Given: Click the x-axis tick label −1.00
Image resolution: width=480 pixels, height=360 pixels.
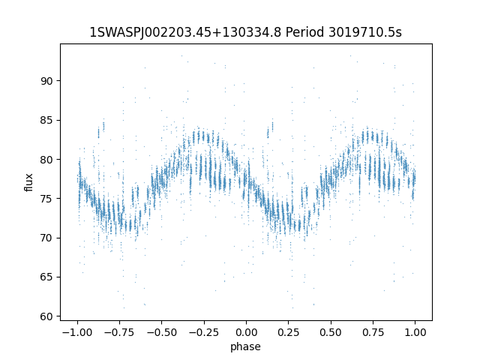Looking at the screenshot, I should (x=76, y=333).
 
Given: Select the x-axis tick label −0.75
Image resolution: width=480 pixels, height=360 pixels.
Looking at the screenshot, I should (x=118, y=333).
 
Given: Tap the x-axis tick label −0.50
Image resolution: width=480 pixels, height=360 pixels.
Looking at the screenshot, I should (x=160, y=333).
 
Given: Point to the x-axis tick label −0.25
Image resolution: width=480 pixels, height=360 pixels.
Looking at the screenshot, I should (x=203, y=333).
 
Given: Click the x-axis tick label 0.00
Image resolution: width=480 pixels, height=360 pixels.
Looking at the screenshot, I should (x=246, y=333).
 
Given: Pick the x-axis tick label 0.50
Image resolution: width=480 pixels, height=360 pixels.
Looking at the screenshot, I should (x=331, y=333).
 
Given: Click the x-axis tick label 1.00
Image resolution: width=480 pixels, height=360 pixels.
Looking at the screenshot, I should (x=415, y=333).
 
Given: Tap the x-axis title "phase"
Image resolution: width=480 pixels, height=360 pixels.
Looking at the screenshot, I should (x=246, y=347).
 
